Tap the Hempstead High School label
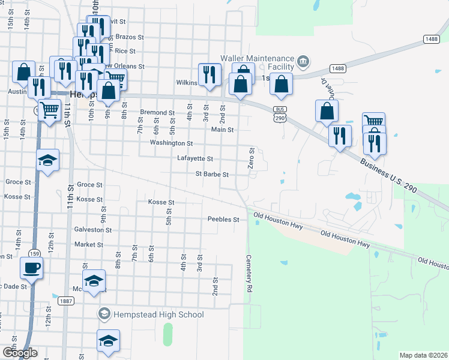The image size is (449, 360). coord(158,314)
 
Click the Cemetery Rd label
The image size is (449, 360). coord(249,273)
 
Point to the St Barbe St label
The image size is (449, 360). coord(212,175)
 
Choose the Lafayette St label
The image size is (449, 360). coord(195,159)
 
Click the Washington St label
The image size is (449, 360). coord(171,143)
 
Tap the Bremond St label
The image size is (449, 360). coord(157,112)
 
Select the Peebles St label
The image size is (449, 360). coord(223,220)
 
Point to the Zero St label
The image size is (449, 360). coord(252,158)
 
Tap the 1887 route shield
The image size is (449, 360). coord(66,301)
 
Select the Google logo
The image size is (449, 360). coord(20,353)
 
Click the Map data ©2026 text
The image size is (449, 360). coord(423,355)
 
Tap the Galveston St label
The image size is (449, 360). coord(89,229)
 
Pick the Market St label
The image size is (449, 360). coord(89,245)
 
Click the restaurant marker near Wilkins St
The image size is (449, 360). coord(209,74)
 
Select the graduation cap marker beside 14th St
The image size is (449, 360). coord(48,160)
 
